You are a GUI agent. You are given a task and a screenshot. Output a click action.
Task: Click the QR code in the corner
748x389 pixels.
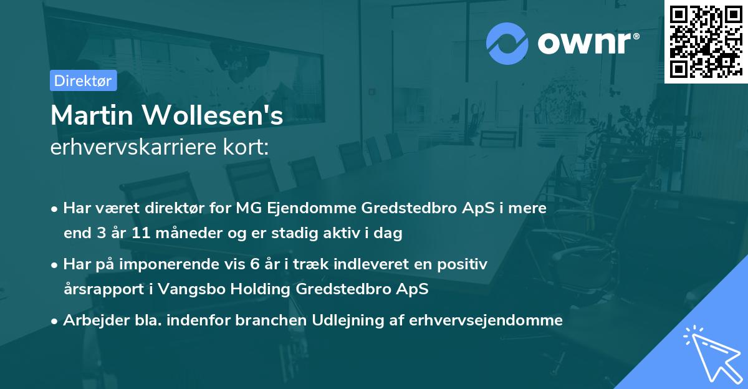point(706,41)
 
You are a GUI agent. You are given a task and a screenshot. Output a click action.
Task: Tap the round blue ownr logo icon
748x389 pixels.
point(507,43)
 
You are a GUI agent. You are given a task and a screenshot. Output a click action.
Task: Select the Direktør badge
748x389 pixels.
point(82,80)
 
